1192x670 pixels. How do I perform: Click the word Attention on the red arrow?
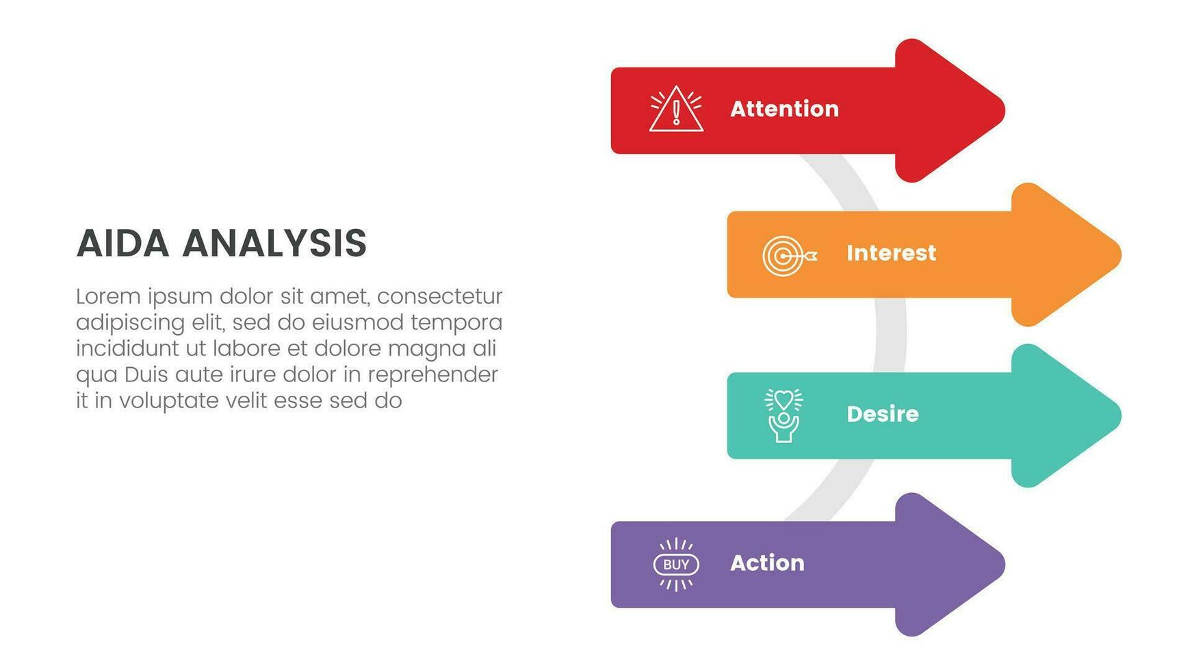(x=784, y=109)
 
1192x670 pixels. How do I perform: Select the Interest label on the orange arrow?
(x=891, y=253)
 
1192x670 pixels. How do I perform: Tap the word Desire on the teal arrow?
(x=883, y=414)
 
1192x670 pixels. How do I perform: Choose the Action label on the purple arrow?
(x=767, y=563)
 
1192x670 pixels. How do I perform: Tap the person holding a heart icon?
(x=783, y=415)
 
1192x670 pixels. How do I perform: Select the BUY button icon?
(x=676, y=565)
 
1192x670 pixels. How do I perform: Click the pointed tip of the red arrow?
(x=1005, y=111)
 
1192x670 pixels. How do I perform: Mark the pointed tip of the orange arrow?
(x=1121, y=254)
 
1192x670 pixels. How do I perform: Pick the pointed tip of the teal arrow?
(x=1121, y=415)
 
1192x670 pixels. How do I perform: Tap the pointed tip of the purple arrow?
(x=1005, y=565)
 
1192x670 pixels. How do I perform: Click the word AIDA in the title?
(x=122, y=243)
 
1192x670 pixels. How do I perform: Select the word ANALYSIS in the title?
(x=274, y=243)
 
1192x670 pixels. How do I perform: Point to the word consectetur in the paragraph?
(x=440, y=296)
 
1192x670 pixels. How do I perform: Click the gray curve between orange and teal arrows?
(x=890, y=335)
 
